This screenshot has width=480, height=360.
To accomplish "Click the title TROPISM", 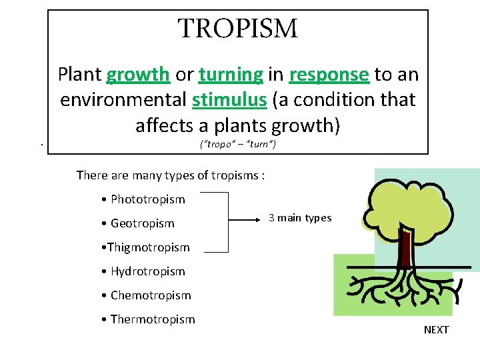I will pos(238,29).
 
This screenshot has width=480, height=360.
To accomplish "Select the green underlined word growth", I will pos(138,75).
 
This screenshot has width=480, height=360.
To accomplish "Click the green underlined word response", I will pos(329,75).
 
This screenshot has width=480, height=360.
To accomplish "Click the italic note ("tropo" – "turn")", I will pos(238,145).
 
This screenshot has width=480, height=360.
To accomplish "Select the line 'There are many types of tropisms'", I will pos(171,175).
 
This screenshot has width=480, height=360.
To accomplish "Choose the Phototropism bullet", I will pos(143,199).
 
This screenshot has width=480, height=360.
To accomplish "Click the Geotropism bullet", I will pos(138,223).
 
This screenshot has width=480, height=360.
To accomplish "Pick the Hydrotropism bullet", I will pos(143,271).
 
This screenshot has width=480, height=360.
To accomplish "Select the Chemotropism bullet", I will pos(146,295).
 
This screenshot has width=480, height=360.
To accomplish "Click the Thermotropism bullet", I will pos(148,319).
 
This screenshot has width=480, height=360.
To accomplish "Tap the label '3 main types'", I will pos(299,218).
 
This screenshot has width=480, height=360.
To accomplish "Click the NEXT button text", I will pos(436,330).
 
